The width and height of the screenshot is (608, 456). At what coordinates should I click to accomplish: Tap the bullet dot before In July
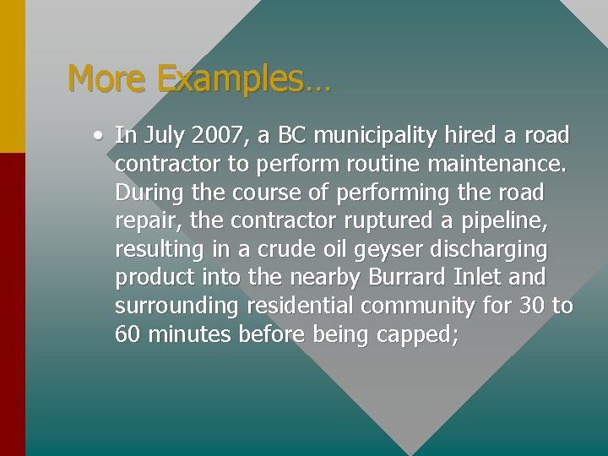coord(100,134)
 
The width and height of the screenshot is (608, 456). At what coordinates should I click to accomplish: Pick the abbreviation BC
coord(292,135)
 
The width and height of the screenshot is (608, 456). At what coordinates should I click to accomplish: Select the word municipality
coord(375,135)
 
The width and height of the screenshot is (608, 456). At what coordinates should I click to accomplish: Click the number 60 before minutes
coord(128,335)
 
